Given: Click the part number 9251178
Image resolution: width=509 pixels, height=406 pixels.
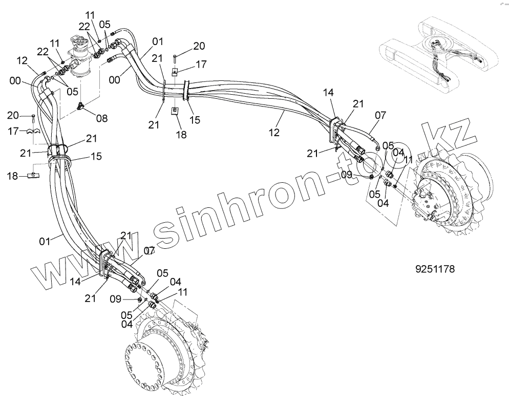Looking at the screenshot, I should click(x=435, y=268).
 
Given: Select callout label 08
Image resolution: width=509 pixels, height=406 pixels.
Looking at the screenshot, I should click(x=101, y=118).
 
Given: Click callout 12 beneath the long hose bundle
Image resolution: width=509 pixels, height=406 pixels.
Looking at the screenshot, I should click(x=274, y=132).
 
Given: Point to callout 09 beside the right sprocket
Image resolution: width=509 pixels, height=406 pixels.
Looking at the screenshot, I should click(x=347, y=174).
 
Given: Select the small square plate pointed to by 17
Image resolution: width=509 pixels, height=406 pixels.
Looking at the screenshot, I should click(x=174, y=72).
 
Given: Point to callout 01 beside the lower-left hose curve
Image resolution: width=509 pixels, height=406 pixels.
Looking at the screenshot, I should click(x=46, y=240).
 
